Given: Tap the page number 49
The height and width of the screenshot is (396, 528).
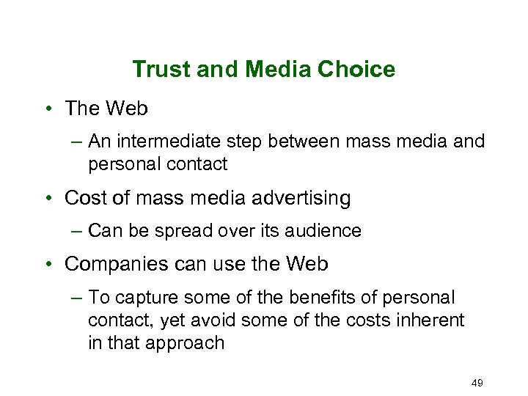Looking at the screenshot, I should [x=477, y=383].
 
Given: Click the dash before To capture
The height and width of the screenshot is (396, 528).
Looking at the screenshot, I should [x=77, y=298].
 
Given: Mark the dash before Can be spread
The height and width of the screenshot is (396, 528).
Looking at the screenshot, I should [x=77, y=231].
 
